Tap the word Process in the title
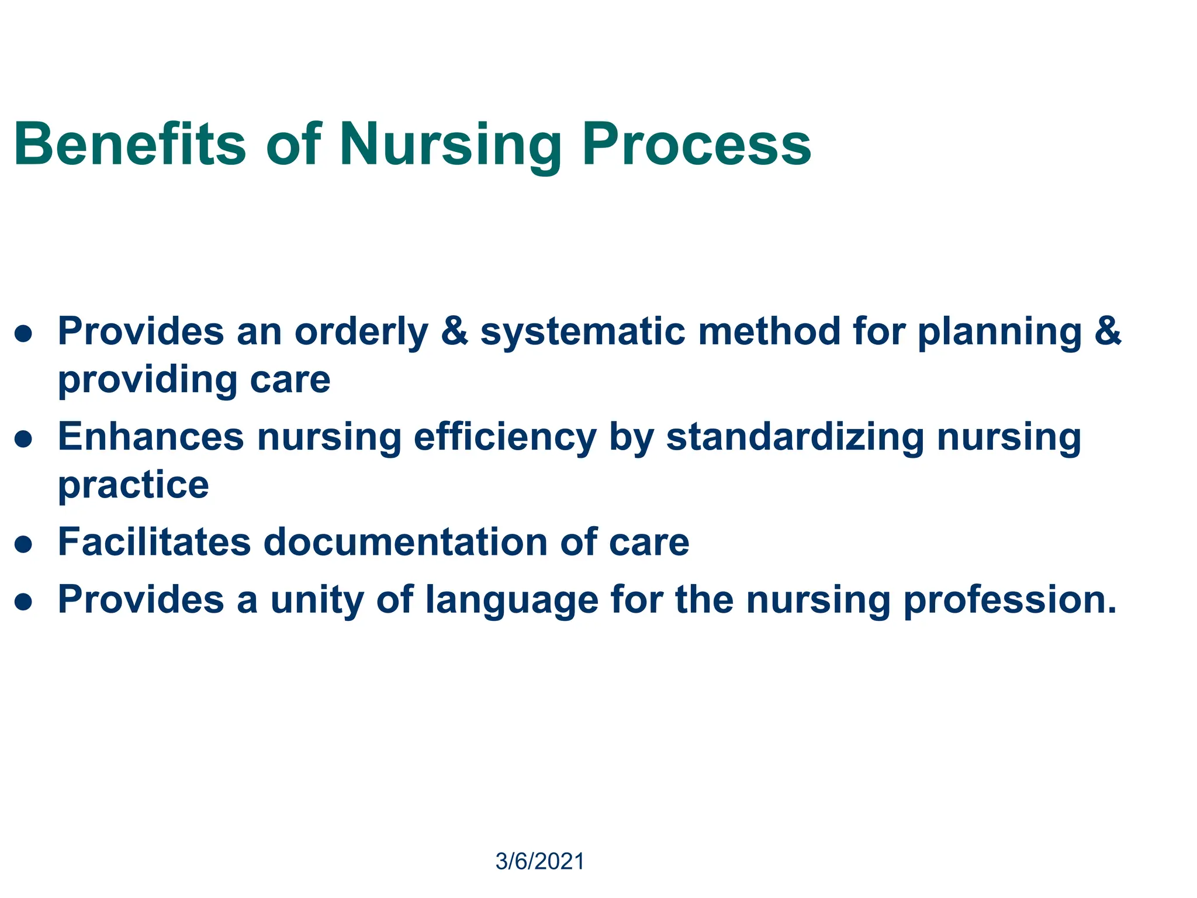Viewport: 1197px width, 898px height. tap(696, 144)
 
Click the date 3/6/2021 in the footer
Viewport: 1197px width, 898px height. tap(539, 862)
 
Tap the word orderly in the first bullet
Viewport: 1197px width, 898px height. tap(361, 332)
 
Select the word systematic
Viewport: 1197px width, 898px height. tap(582, 332)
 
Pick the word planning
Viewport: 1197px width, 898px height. tap(999, 332)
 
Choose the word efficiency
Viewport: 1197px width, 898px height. tap(505, 437)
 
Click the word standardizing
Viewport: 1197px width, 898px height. tap(794, 437)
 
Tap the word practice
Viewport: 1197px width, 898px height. tap(133, 486)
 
